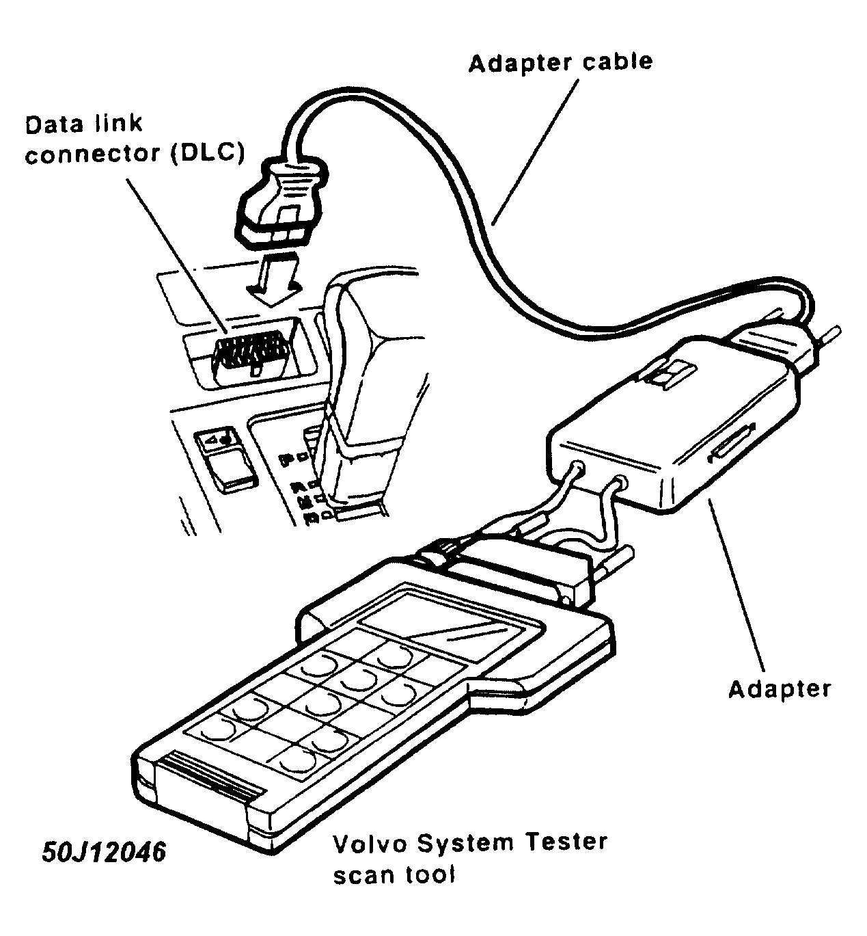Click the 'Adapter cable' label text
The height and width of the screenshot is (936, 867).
[x=560, y=62]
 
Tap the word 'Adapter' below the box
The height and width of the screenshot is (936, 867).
[x=779, y=688]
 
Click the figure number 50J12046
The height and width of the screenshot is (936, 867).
[x=104, y=853]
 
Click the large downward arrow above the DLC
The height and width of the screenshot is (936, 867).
[x=273, y=277]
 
